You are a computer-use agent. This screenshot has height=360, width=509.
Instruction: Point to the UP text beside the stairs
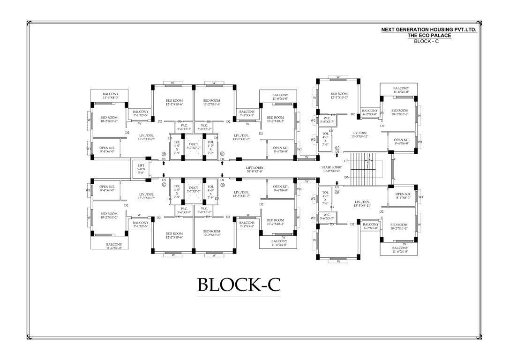pyautogui.click(x=346, y=161)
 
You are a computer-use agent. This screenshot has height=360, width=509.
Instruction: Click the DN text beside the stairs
pyautogui.click(x=346, y=177)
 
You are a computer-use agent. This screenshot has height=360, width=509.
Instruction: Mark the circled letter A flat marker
pyautogui.click(x=337, y=192)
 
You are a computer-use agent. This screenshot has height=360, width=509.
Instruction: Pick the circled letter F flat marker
pyautogui.click(x=337, y=148)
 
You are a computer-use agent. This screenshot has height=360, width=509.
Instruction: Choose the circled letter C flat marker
pyautogui.click(x=164, y=184)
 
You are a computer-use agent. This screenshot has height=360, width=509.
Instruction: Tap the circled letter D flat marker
pyautogui.click(x=164, y=154)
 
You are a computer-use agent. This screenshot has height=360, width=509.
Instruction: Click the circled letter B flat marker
pyautogui.click(x=223, y=184)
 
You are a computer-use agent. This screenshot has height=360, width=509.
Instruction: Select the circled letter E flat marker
pyautogui.click(x=223, y=154)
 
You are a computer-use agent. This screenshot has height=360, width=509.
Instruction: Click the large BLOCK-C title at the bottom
pyautogui.click(x=239, y=284)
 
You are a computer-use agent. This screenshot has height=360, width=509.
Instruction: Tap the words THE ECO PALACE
pyautogui.click(x=429, y=35)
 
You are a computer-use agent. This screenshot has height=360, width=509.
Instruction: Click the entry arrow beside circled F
pyautogui.click(x=337, y=155)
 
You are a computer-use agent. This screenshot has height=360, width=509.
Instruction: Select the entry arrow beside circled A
pyautogui.click(x=337, y=184)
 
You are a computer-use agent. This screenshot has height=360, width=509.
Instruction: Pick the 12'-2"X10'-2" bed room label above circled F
pyautogui.click(x=339, y=96)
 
